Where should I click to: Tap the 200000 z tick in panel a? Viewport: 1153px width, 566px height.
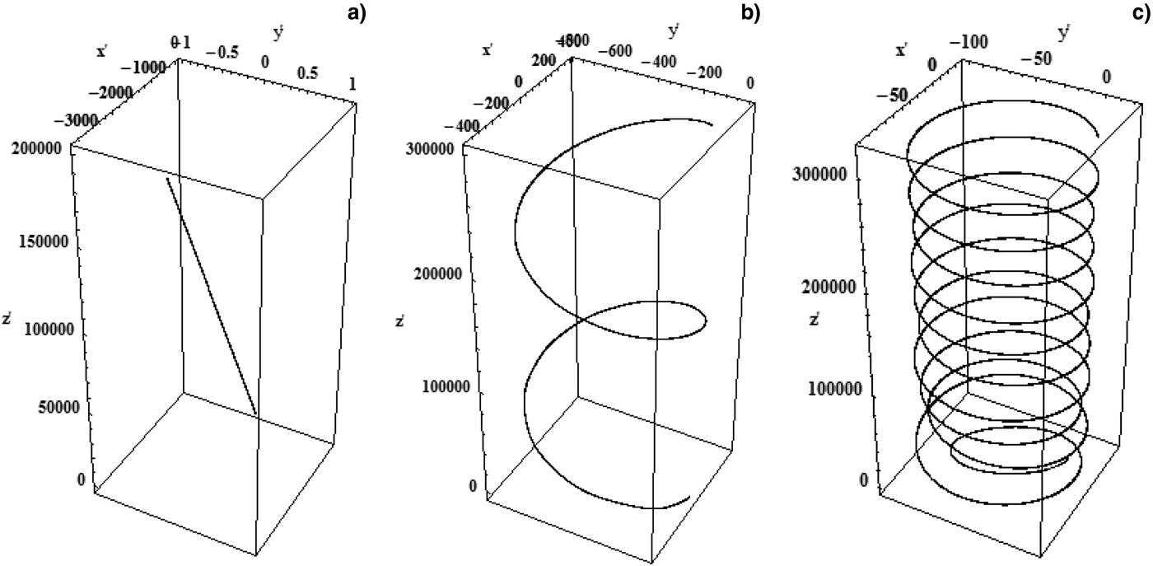pos(42,149)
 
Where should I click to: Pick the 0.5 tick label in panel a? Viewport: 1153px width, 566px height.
pos(308,72)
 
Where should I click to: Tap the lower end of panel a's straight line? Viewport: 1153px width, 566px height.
pos(256,414)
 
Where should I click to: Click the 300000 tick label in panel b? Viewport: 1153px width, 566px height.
pos(434,150)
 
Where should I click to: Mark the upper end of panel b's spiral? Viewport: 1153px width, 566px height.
pos(712,126)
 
